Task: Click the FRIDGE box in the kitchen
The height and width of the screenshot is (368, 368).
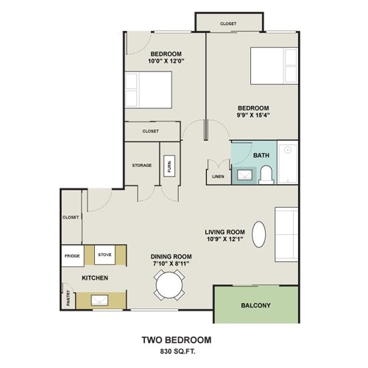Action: (x=73, y=256)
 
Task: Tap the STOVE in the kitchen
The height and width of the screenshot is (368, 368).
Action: (x=105, y=255)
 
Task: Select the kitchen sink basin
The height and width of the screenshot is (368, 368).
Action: (x=99, y=300)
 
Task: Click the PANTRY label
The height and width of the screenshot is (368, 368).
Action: (x=68, y=298)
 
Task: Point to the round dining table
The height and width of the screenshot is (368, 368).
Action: (x=169, y=285)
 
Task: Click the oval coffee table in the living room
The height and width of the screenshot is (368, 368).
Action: (x=259, y=234)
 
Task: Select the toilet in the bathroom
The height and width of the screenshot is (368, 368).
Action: (x=266, y=175)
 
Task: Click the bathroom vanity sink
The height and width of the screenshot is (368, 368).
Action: (x=244, y=174)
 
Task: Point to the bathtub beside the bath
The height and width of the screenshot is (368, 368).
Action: (x=288, y=162)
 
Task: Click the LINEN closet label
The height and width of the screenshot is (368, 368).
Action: (x=218, y=177)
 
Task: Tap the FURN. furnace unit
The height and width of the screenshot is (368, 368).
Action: (x=169, y=166)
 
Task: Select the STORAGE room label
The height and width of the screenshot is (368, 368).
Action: (x=142, y=166)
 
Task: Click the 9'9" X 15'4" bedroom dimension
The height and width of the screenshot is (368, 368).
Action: (x=253, y=115)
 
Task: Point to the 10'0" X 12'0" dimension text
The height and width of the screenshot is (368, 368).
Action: (x=166, y=61)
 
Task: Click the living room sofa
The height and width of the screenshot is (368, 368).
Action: (x=286, y=234)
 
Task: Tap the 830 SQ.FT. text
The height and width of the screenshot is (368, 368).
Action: (x=177, y=351)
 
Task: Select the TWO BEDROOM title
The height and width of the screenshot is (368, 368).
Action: (x=177, y=340)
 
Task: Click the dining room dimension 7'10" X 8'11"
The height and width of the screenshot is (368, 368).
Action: (x=171, y=263)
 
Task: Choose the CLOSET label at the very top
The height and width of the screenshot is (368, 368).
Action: (x=228, y=24)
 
